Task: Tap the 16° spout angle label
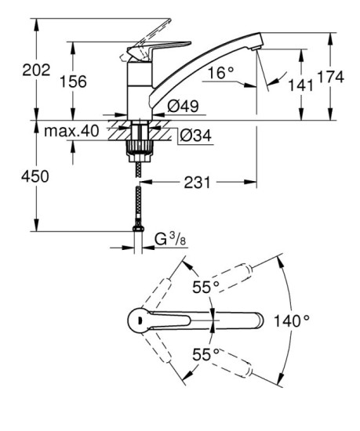point(222,73)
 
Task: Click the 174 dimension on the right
point(335,76)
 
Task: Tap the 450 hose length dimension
point(34,176)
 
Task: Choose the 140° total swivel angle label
point(293,320)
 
